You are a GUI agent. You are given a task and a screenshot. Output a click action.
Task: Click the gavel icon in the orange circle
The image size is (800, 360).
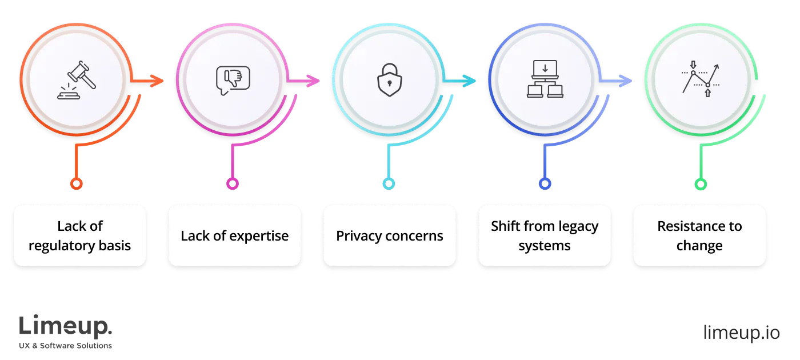pos(77,82)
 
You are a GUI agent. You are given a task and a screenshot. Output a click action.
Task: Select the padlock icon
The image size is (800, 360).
pos(389,81)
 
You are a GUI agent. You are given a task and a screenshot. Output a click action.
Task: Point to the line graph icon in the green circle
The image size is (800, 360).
pos(701,79)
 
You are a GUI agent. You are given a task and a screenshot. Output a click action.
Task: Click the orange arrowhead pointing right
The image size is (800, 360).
pos(157,82)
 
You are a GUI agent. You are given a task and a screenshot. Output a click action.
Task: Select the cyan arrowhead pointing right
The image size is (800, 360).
pos(470,82)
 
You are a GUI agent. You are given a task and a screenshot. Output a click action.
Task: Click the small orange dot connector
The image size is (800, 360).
pos(76,184)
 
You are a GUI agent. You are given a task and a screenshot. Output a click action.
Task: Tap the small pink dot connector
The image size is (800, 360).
pos(232,184)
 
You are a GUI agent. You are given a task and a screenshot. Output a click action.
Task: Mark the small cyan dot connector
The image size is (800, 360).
pos(389,184)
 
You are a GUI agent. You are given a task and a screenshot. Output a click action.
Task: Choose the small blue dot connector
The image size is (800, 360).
pos(545,184)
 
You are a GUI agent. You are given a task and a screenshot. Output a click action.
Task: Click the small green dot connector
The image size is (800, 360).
pos(701,184)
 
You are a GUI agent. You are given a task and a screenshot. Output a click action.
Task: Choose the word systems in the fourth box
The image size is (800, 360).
pos(545,246)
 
